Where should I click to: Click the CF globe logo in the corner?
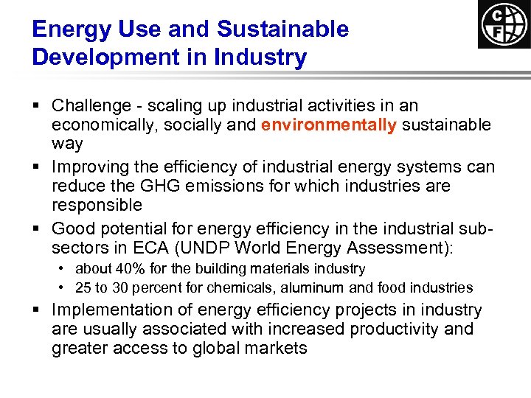pos(504,24)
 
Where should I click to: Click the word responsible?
pos(97,205)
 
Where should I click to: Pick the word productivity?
pos(381,329)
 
